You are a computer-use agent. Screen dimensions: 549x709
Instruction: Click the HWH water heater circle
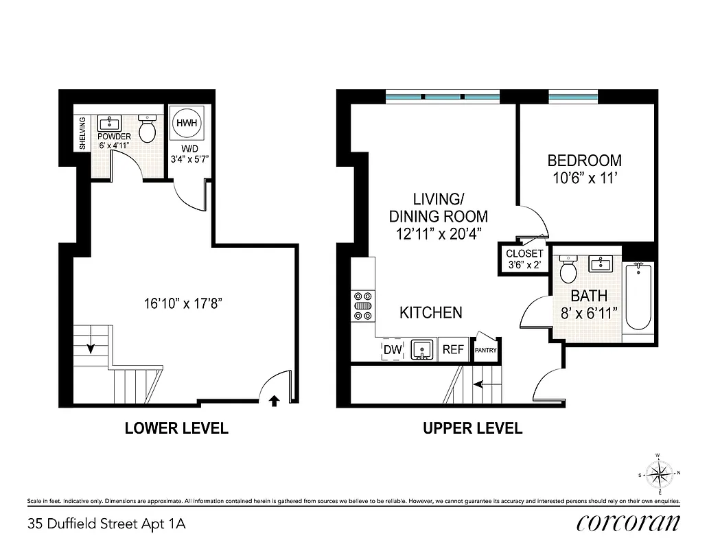coord(186,124)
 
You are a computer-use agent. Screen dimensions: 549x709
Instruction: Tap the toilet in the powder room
coord(148,127)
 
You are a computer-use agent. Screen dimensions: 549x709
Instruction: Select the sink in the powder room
coord(109,124)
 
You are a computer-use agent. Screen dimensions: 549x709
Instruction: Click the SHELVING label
coord(82,134)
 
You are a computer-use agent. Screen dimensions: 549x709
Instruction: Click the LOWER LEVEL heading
coord(176,429)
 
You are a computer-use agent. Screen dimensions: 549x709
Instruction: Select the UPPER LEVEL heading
coord(473,429)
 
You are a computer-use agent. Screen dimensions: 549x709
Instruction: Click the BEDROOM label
coord(584,161)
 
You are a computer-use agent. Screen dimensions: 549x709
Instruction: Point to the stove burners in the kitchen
coord(362,305)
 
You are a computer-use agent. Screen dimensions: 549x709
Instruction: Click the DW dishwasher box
coord(392,349)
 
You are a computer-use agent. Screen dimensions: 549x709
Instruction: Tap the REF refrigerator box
coord(453,349)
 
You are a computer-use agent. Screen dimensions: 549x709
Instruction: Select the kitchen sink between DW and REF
coord(421,349)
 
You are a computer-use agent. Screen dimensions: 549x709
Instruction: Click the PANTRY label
coord(486,350)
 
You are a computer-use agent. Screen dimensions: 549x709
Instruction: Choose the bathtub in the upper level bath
coord(638,302)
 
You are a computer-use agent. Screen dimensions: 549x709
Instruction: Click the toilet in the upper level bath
coord(568,269)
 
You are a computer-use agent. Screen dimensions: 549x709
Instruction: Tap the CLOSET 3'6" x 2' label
coord(524,259)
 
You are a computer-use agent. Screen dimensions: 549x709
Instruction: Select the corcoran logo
coord(628,524)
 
